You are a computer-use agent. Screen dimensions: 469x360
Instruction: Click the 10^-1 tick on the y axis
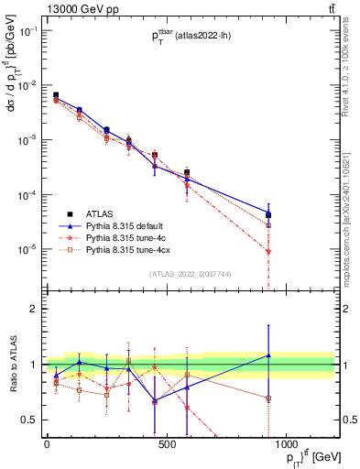(30, 30)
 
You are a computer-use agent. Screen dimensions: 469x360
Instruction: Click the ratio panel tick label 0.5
(31, 420)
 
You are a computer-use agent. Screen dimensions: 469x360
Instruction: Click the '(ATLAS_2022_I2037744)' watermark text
(190, 273)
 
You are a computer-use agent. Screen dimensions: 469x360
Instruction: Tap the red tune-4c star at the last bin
(268, 251)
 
